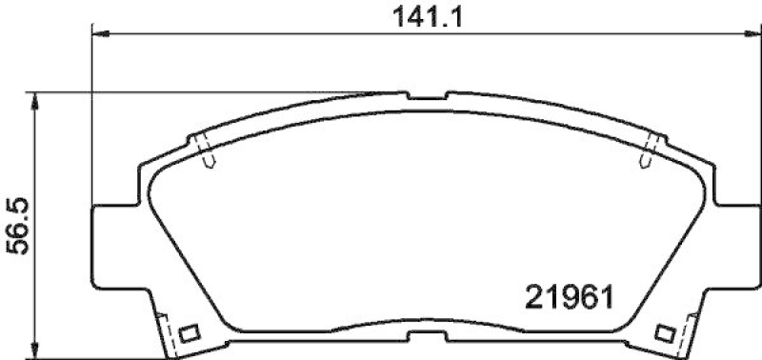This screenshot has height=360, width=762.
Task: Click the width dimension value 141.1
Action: coord(419,15)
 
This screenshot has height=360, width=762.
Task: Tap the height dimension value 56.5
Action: coord(16,226)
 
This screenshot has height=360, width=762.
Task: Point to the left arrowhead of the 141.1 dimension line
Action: coord(99,34)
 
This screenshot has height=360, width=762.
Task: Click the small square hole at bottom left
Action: coord(189,333)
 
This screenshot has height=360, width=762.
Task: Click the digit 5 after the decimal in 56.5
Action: coord(16,204)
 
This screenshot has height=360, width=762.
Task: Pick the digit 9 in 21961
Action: coord(565,294)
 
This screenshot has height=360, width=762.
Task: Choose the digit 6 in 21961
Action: coord(583,294)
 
